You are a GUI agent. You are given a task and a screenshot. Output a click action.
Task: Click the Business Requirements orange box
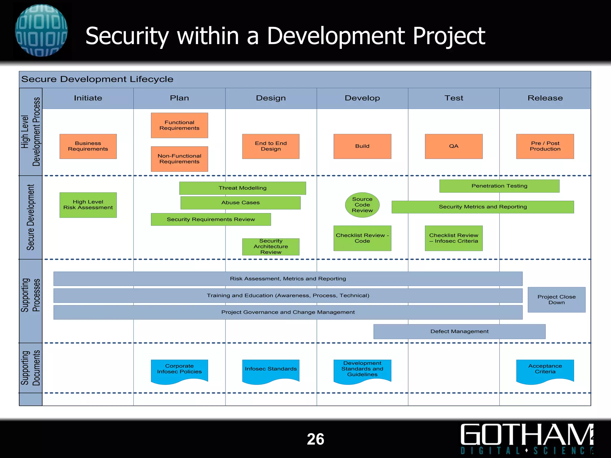tap(88, 146)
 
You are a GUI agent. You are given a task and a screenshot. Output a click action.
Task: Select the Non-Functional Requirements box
tap(179, 159)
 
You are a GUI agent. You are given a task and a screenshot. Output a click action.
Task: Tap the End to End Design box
tap(271, 146)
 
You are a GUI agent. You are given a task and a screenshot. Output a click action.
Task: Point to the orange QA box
tap(453, 146)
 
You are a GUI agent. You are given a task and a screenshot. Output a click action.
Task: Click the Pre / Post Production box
tap(545, 146)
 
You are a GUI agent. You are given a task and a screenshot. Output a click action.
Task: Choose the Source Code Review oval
tap(362, 205)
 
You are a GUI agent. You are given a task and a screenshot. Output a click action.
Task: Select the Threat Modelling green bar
tap(243, 188)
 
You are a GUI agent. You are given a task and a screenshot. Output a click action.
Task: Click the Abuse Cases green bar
tap(240, 202)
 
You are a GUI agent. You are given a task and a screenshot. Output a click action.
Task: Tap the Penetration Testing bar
tap(499, 186)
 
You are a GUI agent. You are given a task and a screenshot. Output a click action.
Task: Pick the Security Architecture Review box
tap(271, 247)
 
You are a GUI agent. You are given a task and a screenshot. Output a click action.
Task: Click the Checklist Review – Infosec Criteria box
tap(453, 238)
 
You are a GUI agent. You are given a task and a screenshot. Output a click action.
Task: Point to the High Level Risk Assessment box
tap(88, 205)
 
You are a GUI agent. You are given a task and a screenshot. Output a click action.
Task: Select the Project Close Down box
tap(556, 300)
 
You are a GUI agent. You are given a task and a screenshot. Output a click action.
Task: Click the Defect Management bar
tap(459, 331)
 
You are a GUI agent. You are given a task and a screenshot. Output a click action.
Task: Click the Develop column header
tap(362, 98)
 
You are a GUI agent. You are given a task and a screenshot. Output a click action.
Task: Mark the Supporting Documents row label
tap(30, 368)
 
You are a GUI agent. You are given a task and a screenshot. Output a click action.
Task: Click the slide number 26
tap(315, 439)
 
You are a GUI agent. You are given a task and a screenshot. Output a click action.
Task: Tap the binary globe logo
tap(41, 30)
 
